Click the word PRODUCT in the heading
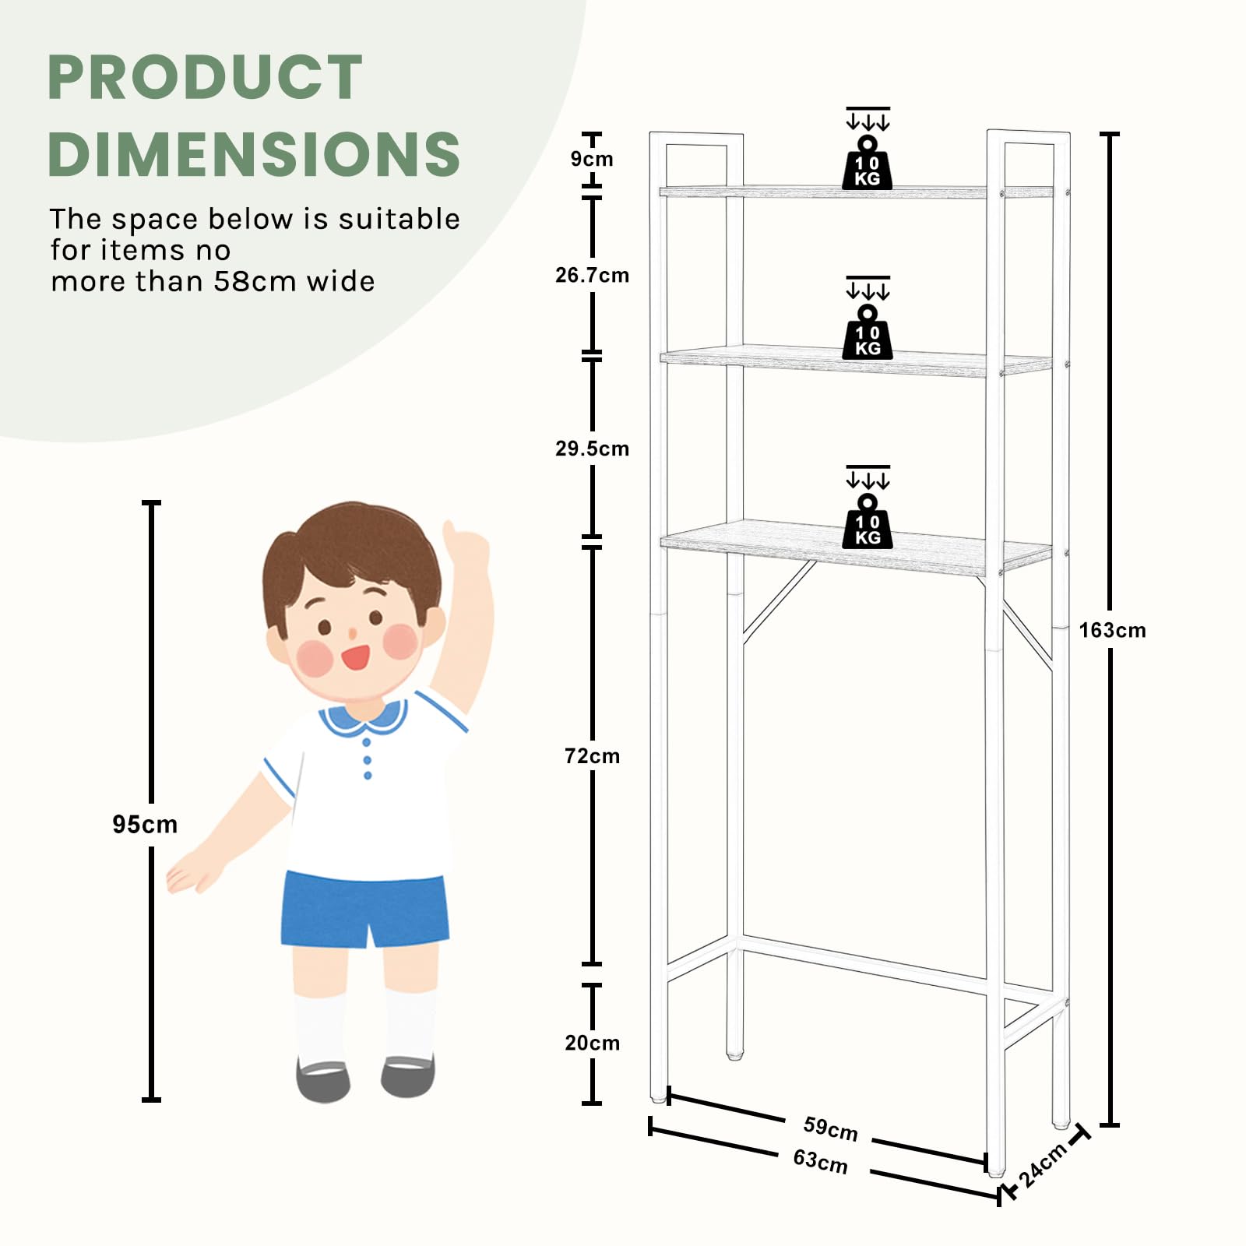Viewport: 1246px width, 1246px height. tap(205, 77)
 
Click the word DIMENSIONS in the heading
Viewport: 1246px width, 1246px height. tap(254, 153)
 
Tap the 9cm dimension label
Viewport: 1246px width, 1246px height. tap(592, 159)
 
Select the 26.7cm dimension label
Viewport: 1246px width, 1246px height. tap(592, 275)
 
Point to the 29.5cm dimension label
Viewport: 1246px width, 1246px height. tap(592, 449)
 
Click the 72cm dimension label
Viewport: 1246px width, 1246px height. tap(592, 756)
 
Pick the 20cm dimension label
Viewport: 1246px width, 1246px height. tap(592, 1043)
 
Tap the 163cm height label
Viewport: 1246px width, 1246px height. tap(1112, 630)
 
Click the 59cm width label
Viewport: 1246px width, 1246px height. tap(830, 1128)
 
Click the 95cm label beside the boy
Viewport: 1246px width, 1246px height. tap(145, 824)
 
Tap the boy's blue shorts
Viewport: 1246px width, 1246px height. tap(364, 909)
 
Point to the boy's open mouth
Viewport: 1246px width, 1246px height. tap(356, 657)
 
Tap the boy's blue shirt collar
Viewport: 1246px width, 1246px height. tap(364, 719)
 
